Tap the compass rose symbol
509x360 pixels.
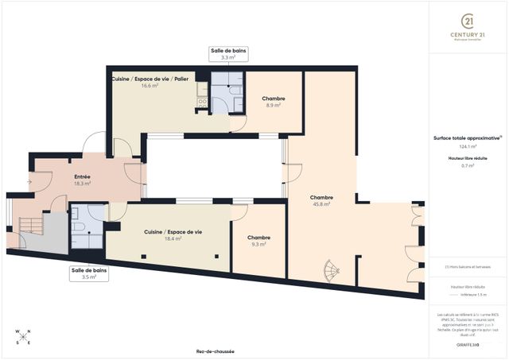(x=23, y=337)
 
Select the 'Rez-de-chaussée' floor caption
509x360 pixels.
(x=215, y=351)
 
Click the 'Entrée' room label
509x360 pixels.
(x=82, y=176)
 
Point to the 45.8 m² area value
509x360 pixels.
(x=321, y=204)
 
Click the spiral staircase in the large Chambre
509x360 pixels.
(x=328, y=272)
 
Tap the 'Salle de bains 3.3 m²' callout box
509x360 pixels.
(x=228, y=54)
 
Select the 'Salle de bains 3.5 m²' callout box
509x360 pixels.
(x=88, y=274)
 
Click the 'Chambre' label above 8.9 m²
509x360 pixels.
(x=274, y=99)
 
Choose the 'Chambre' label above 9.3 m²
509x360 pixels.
(x=258, y=238)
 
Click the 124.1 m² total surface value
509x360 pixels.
(x=468, y=147)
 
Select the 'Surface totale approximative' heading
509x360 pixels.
(x=467, y=137)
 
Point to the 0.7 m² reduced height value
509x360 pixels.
(x=468, y=166)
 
